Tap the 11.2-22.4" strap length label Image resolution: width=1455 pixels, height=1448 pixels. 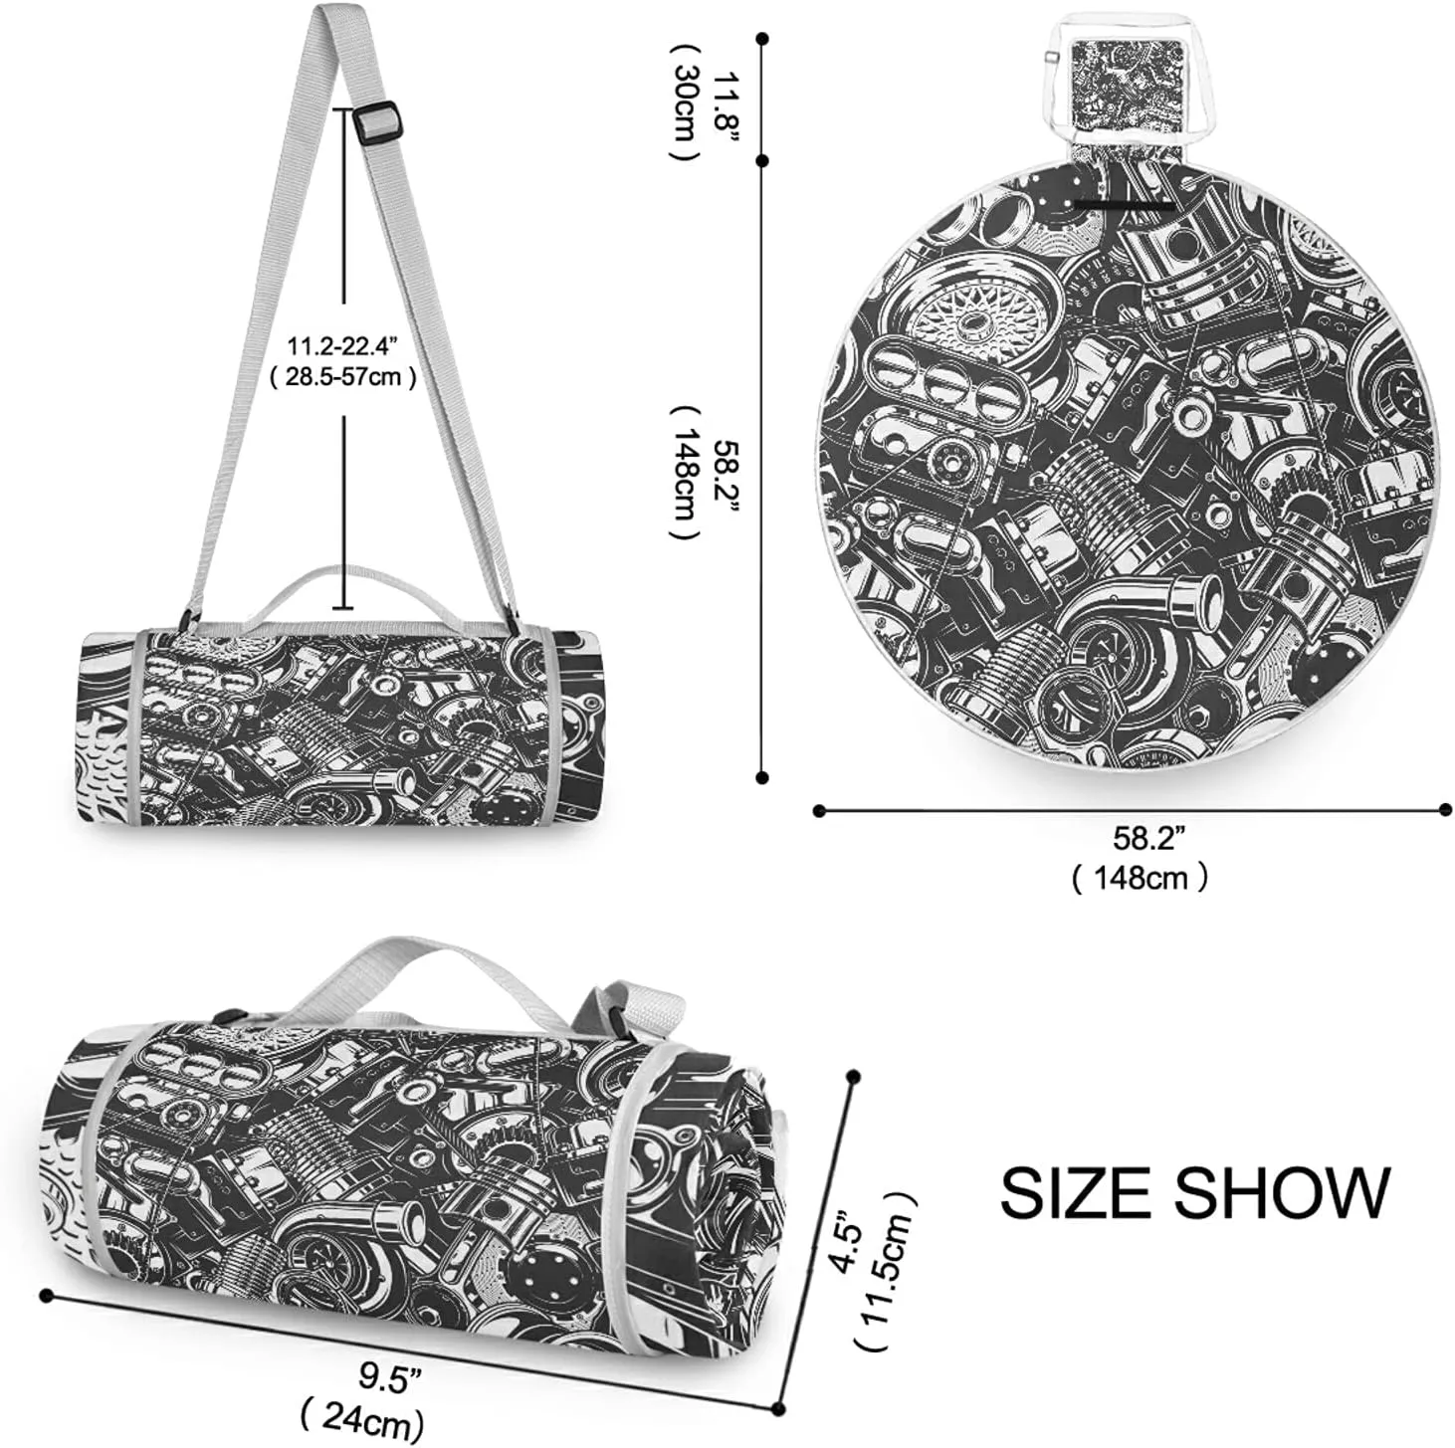click(342, 346)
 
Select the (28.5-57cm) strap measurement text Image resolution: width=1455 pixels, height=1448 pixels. click(343, 376)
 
